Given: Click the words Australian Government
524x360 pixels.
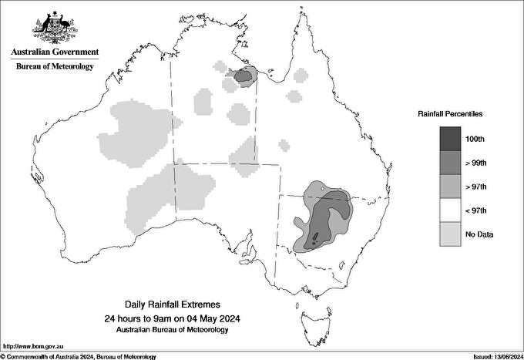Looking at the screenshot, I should click(x=54, y=52).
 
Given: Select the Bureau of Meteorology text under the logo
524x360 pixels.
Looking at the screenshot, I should click(x=54, y=66).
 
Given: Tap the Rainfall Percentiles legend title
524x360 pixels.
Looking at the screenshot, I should click(x=450, y=114).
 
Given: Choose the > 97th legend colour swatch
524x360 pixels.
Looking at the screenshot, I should click(x=450, y=186).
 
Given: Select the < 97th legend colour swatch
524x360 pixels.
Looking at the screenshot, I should click(x=450, y=210).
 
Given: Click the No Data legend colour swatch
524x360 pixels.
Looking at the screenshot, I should click(x=450, y=234).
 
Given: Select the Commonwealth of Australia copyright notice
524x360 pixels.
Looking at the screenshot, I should click(x=79, y=356).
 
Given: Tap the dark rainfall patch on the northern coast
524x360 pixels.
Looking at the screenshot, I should click(x=244, y=76).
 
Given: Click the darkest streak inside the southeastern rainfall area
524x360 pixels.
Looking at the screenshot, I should click(x=316, y=237).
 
